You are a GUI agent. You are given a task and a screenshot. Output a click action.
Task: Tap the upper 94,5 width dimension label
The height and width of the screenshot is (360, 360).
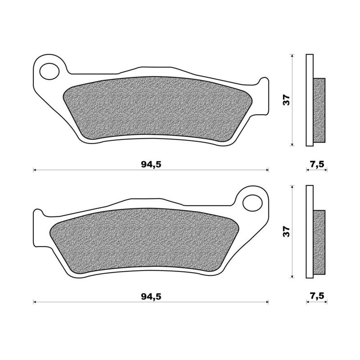(x=151, y=164)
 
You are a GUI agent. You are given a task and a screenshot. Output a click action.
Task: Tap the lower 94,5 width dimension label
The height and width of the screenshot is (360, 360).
(x=151, y=296)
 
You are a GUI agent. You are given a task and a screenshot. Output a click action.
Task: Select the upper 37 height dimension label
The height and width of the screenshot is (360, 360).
(x=287, y=100)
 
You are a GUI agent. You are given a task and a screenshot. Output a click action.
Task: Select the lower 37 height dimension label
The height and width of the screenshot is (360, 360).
(x=287, y=231)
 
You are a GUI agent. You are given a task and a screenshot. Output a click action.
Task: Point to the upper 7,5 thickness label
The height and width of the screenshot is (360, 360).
(x=317, y=164)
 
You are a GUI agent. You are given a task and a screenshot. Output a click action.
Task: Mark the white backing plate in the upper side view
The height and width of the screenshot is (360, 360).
(x=309, y=100)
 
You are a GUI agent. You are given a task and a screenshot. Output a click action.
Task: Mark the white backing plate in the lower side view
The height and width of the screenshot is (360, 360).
(x=309, y=231)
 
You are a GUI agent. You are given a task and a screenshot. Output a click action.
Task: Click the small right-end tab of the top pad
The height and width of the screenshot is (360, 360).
(x=264, y=83)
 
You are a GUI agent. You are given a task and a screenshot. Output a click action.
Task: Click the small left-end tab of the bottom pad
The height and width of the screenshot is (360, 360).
(x=38, y=215)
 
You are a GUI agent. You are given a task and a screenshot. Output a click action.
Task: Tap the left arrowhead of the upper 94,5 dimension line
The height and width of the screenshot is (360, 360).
(x=35, y=170)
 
